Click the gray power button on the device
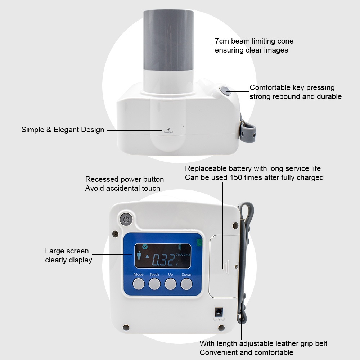click(x=126, y=219)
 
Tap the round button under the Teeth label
click(x=154, y=284)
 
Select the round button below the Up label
click(x=170, y=284)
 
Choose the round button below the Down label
click(x=186, y=284)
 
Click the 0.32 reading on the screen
click(x=163, y=260)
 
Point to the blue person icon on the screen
click(x=139, y=255)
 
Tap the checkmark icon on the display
click(x=145, y=247)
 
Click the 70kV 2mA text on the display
click(x=183, y=255)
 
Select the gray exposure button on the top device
click(x=225, y=91)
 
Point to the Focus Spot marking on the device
click(x=168, y=131)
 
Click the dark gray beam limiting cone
click(x=168, y=40)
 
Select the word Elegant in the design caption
click(x=66, y=130)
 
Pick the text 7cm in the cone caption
click(x=222, y=41)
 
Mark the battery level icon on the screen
click(x=180, y=247)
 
